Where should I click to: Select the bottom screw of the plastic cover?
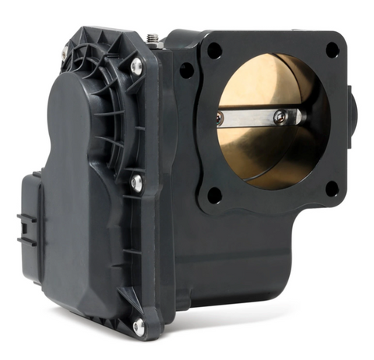(139, 326)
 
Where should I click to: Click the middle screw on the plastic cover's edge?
(137, 183)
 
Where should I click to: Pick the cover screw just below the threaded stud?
(136, 68)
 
